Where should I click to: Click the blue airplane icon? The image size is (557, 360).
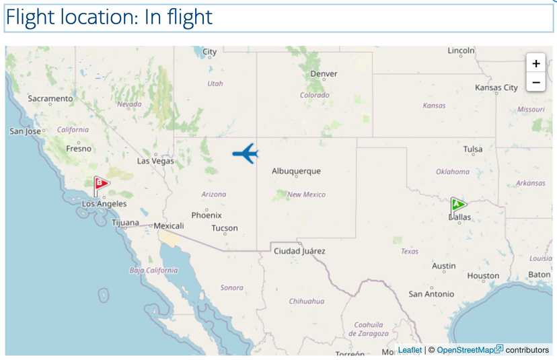(x=246, y=153)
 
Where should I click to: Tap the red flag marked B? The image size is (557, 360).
(x=101, y=184)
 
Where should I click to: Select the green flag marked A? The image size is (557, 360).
(x=458, y=205)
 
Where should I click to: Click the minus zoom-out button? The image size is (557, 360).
(x=535, y=83)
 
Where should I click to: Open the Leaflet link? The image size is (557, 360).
(x=410, y=350)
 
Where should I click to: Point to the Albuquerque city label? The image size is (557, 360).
(x=296, y=172)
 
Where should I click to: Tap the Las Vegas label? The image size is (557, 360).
(x=155, y=161)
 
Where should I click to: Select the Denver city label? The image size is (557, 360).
(x=324, y=74)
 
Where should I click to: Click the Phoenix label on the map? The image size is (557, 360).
(x=207, y=215)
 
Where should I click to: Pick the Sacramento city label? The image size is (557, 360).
(x=50, y=99)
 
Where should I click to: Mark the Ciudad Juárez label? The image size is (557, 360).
(x=299, y=251)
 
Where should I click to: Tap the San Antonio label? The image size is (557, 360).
(x=431, y=294)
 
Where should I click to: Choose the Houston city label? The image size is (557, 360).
(x=483, y=276)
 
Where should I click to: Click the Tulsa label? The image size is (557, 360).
(x=473, y=149)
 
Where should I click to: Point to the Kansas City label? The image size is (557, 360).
(x=496, y=87)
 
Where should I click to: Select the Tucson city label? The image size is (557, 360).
(x=225, y=228)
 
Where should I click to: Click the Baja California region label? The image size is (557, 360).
(x=154, y=271)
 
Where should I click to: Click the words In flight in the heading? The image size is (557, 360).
(x=178, y=17)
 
